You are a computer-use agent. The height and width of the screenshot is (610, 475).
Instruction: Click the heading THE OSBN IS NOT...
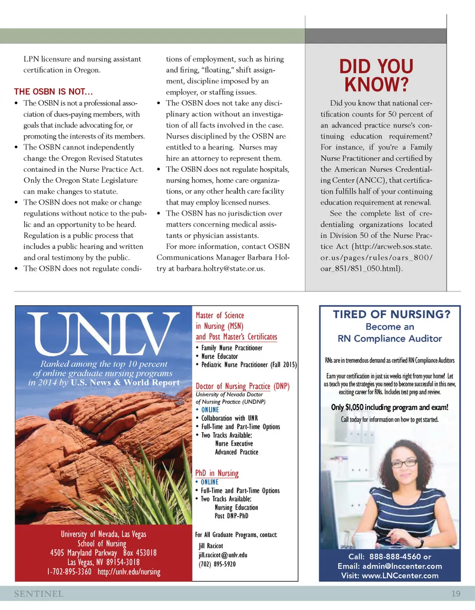coord(53,92)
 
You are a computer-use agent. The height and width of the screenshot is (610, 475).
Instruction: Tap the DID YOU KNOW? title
coord(376,76)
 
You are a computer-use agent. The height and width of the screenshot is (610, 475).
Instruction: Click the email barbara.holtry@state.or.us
coord(217,268)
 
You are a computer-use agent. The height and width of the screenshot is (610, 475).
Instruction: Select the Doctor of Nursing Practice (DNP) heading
coord(243,386)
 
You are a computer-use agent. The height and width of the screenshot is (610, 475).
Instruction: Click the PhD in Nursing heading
coord(217,473)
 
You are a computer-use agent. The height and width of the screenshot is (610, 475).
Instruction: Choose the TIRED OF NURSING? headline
coord(391,314)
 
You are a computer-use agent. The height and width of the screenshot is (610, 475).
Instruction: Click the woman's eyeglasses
coord(404,463)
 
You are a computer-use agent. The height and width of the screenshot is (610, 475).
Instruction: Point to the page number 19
coord(456,594)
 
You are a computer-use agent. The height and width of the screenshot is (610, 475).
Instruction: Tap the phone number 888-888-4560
coord(395,557)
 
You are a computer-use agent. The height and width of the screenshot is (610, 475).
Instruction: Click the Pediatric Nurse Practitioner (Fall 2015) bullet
coord(249,365)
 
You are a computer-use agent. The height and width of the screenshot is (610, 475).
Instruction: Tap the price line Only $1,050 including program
coord(390,407)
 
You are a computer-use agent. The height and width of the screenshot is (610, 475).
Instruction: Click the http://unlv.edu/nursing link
coord(129,571)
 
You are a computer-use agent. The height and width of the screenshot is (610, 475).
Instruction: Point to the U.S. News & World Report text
coord(125,383)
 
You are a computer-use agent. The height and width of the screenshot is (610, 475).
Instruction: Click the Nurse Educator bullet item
coord(219,356)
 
